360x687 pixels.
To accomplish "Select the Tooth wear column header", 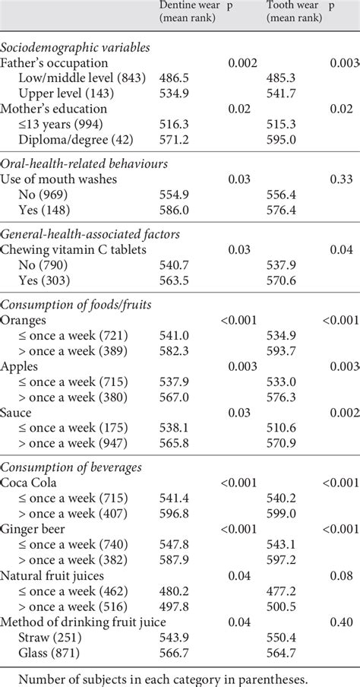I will point(295,11).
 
